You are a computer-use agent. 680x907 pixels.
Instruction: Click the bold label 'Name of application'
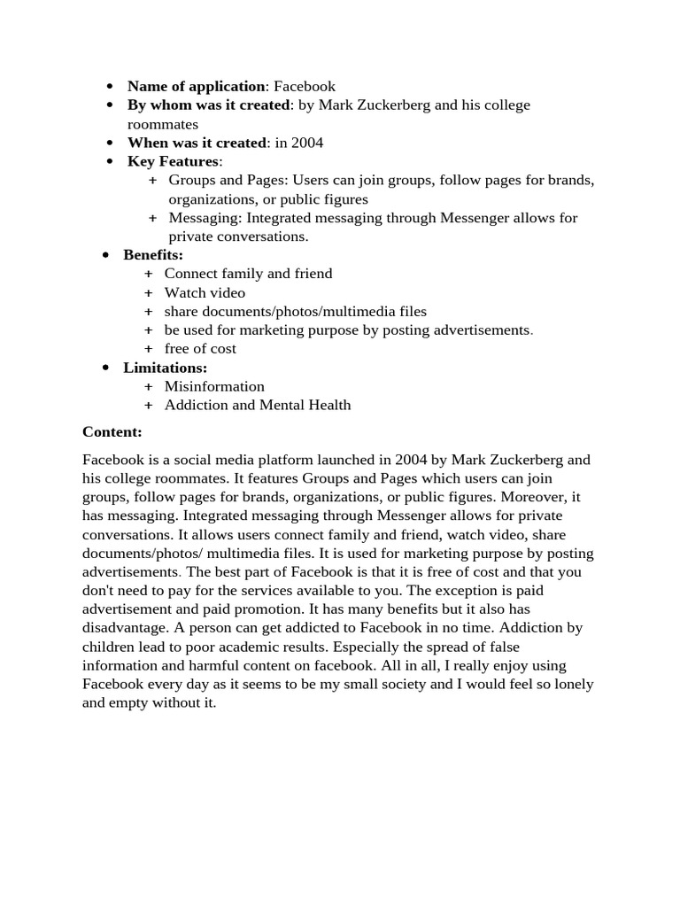196,86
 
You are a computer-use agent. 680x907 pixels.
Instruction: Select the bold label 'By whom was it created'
208,105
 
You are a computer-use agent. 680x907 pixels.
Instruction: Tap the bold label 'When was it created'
197,143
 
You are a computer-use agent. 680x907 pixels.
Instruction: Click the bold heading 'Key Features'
173,161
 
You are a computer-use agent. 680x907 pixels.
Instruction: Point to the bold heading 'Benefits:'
153,255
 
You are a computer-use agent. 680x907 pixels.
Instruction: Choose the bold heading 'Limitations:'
165,368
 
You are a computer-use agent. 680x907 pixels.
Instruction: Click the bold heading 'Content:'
112,431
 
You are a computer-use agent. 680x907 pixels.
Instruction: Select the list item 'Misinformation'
214,386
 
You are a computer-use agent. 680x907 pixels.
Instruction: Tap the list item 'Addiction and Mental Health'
258,405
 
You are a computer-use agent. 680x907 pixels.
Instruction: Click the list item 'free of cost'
200,348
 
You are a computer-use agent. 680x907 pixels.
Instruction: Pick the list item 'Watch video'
205,292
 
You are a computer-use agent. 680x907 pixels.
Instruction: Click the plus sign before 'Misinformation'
148,386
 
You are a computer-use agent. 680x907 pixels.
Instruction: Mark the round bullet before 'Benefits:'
106,255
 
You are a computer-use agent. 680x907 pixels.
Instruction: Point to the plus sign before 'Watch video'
148,292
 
